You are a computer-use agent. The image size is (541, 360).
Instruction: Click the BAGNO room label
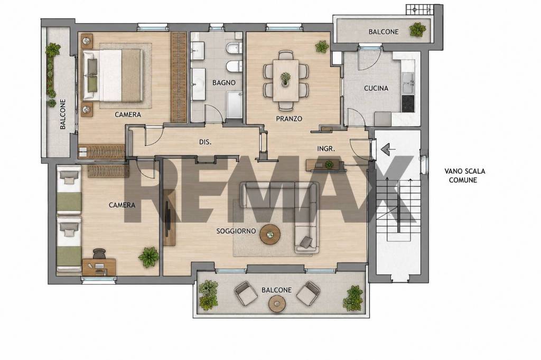[x=223, y=83]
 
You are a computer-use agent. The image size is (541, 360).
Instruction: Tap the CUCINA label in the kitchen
[x=376, y=88]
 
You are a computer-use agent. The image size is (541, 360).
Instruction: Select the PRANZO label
[x=289, y=119]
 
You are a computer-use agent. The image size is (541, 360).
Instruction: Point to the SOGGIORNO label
[x=236, y=231]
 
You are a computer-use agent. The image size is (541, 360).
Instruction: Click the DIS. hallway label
[x=206, y=142]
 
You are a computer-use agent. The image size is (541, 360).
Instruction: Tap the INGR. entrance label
[x=326, y=149]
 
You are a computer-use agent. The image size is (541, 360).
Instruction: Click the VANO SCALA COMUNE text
[x=464, y=176]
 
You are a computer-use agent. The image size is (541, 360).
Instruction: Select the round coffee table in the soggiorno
[x=270, y=234]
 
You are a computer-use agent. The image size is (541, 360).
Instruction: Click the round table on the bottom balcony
[x=277, y=304]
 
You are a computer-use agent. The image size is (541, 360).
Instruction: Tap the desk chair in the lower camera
[x=99, y=253]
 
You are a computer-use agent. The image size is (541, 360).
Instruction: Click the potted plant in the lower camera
[x=148, y=257]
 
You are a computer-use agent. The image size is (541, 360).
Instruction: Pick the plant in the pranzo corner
[x=322, y=46]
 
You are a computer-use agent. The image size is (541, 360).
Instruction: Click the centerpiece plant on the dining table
[x=285, y=78]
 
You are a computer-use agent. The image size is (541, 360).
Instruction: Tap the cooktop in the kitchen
[x=408, y=103]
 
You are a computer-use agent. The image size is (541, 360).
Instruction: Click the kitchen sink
[x=408, y=83]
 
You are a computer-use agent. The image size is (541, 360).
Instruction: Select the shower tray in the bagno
[x=235, y=105]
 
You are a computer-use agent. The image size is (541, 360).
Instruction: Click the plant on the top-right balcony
[x=417, y=30]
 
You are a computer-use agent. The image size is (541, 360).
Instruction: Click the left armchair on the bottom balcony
[x=246, y=293]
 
